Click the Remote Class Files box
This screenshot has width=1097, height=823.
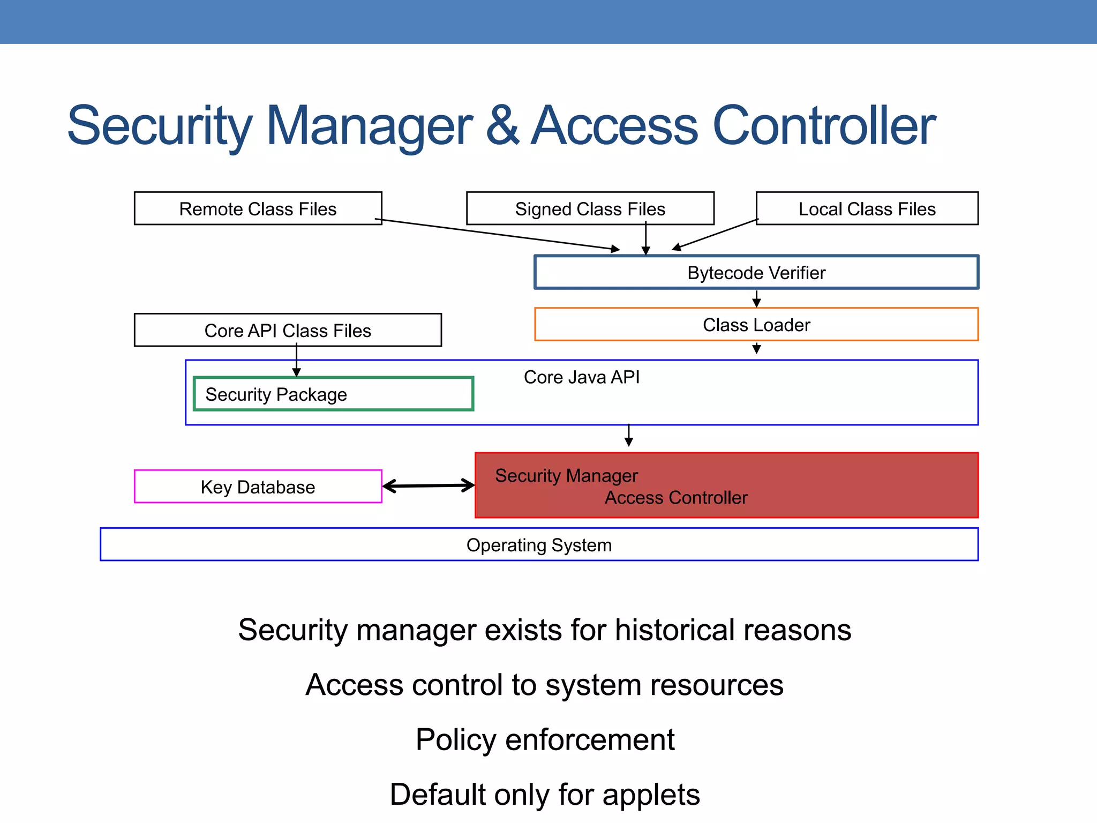[x=258, y=208]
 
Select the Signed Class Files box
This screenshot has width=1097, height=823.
[x=590, y=208]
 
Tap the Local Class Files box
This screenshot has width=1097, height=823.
[x=867, y=208]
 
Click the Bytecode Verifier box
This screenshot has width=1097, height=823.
[x=756, y=273]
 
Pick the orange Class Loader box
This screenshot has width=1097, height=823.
[x=756, y=325]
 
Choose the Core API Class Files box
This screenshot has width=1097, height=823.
[x=288, y=331]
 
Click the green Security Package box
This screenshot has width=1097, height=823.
[x=333, y=394]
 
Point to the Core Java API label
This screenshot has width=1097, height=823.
[x=581, y=377]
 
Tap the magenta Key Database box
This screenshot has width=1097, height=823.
[x=258, y=487]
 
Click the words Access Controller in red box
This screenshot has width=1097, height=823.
[x=675, y=498]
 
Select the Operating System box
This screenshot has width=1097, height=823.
[x=538, y=545]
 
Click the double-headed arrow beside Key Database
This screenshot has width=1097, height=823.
[x=429, y=486]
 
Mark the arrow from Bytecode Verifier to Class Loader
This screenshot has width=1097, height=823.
[x=756, y=298]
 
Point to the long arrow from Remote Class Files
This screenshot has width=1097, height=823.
[x=498, y=234]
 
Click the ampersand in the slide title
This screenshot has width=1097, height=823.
[x=502, y=126]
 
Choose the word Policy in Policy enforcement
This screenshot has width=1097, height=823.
[x=455, y=740]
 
